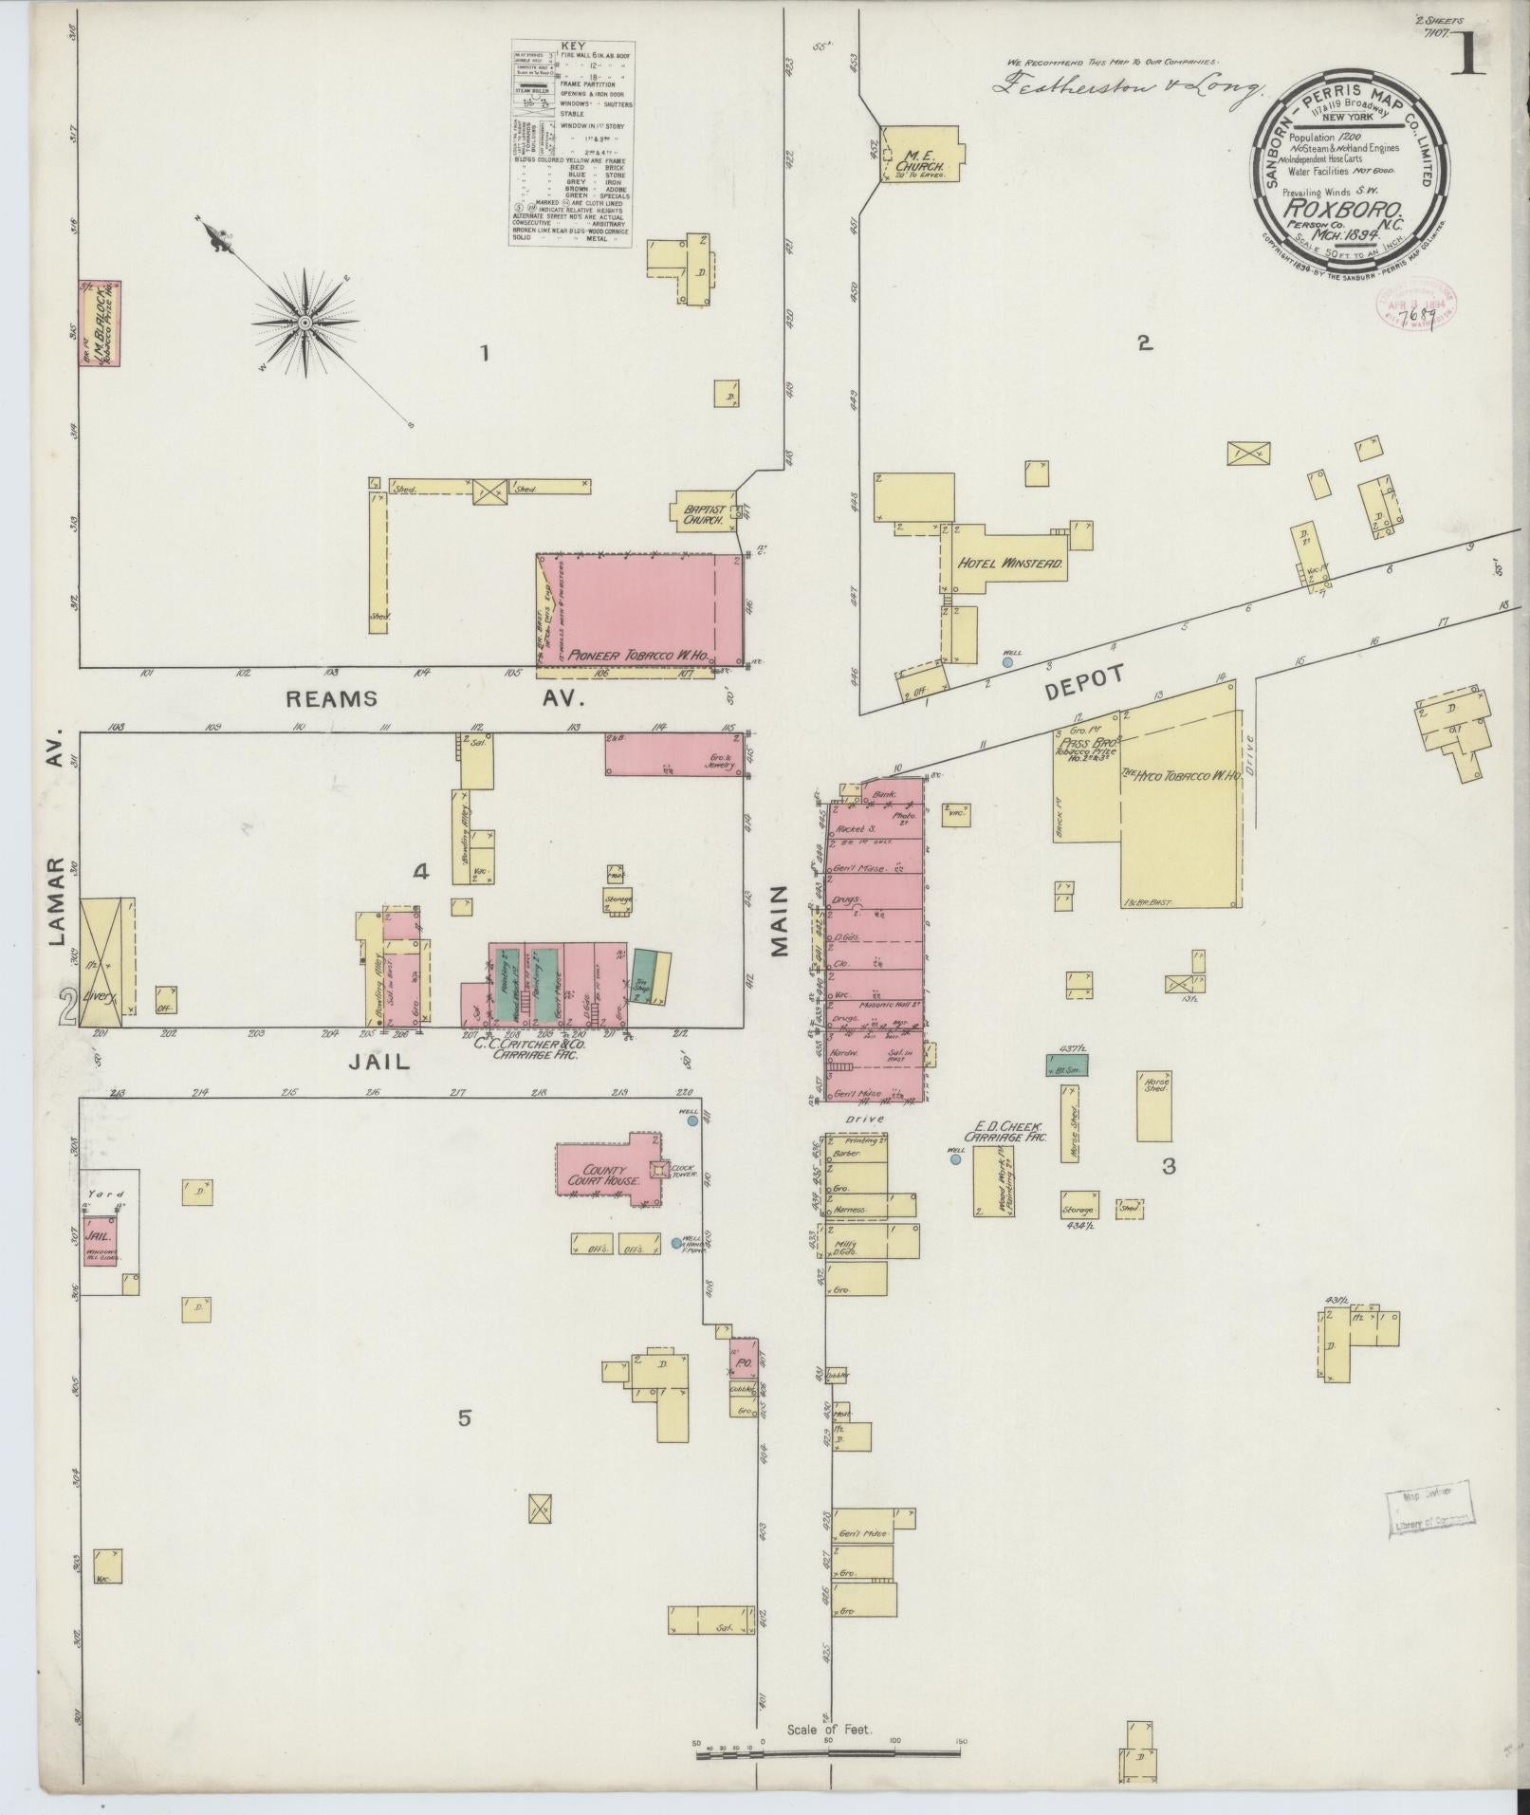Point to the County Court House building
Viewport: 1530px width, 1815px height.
pos(604,1175)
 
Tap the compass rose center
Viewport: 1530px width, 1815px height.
pos(305,324)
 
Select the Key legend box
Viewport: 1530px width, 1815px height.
pos(572,143)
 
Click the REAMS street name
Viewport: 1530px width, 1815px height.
pos(332,699)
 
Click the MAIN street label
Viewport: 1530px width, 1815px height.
pos(780,920)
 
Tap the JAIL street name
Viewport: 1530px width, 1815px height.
pos(378,1063)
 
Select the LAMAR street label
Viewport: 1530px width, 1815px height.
pos(56,901)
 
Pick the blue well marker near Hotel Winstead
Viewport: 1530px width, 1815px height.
pos(1007,662)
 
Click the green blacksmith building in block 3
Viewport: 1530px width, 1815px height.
pos(1066,1065)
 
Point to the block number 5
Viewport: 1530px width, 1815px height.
pos(464,1445)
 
